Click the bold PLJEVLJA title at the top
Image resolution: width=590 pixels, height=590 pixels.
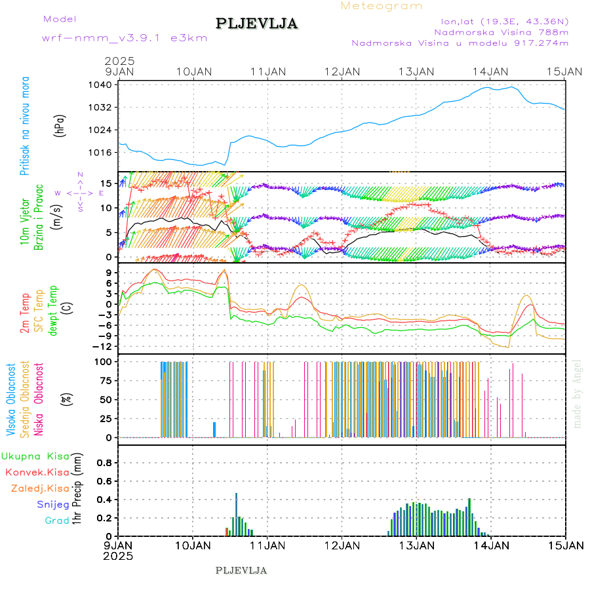pyautogui.click(x=257, y=24)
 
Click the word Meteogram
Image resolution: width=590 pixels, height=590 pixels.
pyautogui.click(x=382, y=6)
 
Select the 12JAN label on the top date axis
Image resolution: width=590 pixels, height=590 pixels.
pyautogui.click(x=342, y=71)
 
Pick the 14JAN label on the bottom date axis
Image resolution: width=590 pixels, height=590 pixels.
pyautogui.click(x=491, y=545)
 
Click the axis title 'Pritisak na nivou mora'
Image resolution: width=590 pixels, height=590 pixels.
pyautogui.click(x=25, y=129)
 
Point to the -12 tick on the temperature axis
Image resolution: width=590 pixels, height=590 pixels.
pyautogui.click(x=105, y=346)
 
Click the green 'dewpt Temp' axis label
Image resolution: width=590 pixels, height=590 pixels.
pyautogui.click(x=53, y=309)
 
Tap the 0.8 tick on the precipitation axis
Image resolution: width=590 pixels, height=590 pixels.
pyautogui.click(x=104, y=462)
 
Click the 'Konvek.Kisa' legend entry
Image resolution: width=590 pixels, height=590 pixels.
pyautogui.click(x=37, y=472)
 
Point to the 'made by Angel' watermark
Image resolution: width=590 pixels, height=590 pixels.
pyautogui.click(x=578, y=393)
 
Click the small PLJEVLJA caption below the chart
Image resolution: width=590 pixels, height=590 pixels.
pyautogui.click(x=241, y=570)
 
